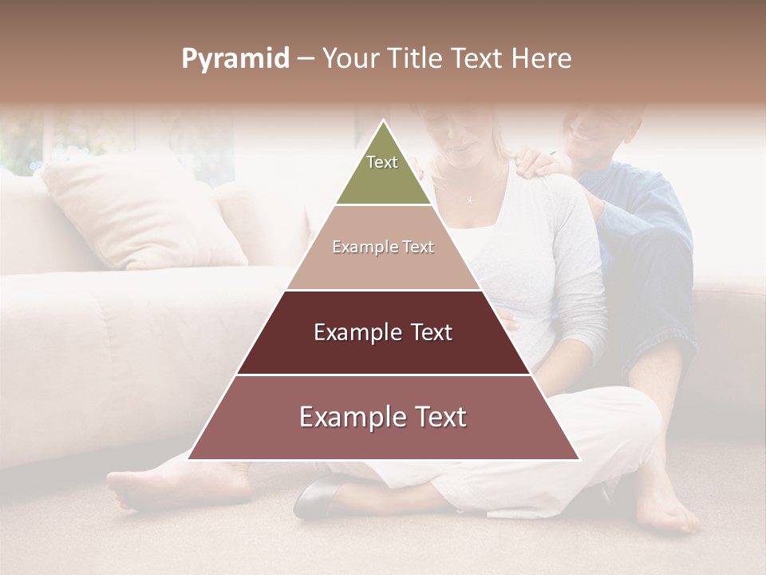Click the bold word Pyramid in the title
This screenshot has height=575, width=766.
click(235, 59)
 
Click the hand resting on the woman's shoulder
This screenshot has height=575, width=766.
click(543, 163)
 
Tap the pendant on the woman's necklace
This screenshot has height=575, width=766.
click(469, 200)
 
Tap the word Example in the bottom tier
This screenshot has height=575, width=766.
click(347, 418)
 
